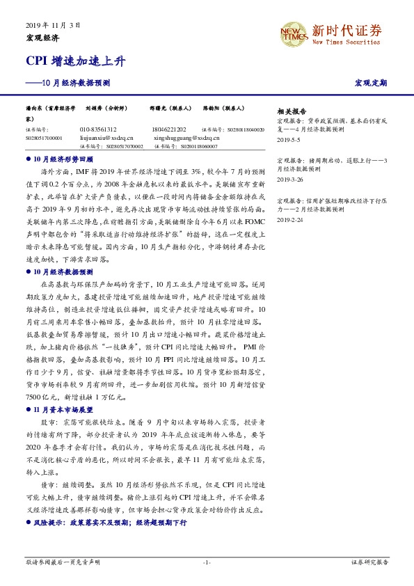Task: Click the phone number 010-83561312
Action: point(98,129)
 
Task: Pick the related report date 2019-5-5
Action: point(287,140)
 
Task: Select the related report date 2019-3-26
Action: point(289,179)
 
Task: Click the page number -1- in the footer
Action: point(207,562)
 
